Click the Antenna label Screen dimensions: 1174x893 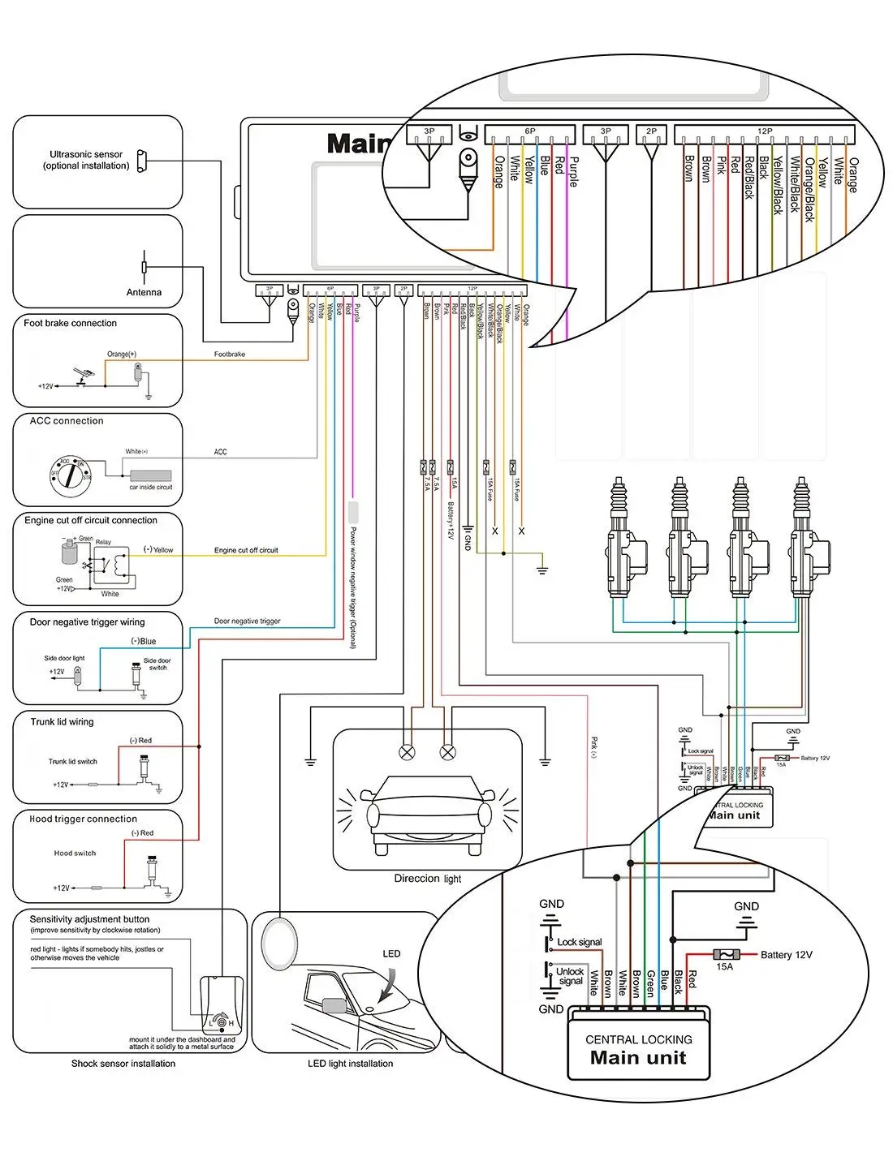144,292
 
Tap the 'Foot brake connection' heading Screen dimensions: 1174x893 70,323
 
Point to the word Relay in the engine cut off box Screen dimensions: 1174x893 103,542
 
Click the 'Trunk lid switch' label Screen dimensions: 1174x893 72,761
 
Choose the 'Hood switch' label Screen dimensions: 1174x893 75,853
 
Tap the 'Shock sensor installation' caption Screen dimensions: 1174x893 123,1063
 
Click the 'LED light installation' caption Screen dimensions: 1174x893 350,1063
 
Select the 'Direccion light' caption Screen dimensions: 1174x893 427,878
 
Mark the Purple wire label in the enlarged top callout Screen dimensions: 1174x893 573,172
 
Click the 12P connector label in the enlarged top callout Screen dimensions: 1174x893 764,131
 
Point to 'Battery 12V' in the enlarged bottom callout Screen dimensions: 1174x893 786,955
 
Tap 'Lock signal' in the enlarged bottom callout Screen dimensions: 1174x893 579,942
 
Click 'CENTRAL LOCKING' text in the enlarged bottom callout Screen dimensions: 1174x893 638,1039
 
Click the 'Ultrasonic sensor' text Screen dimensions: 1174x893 86,154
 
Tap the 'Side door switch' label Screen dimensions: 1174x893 157,664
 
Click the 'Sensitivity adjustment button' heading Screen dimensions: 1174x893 89,919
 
